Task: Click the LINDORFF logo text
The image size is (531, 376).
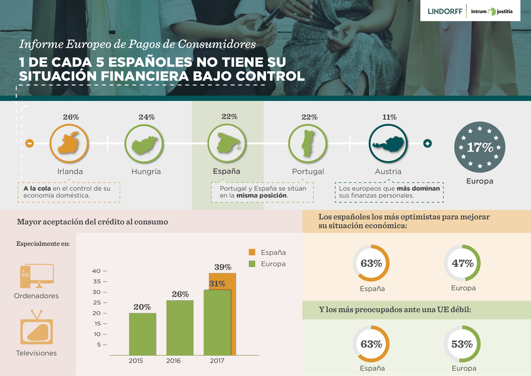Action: point(445,11)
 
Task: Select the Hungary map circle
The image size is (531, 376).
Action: point(144,143)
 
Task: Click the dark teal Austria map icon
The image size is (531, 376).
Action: point(388,143)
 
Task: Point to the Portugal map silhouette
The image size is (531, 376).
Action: point(308,143)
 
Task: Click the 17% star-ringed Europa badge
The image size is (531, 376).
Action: point(480,147)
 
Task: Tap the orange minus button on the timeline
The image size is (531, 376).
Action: point(30,143)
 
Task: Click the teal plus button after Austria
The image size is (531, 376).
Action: point(427,143)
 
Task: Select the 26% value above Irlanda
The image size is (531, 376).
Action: point(71,117)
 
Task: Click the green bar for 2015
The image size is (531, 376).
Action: point(142,334)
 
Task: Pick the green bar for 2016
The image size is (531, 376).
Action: point(180,328)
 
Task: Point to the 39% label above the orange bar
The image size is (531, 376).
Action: point(223,267)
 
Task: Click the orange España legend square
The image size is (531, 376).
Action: point(252,252)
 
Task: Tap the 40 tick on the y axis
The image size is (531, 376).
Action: point(96,271)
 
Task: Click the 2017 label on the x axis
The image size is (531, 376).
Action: point(217,361)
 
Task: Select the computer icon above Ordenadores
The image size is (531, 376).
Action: point(37,276)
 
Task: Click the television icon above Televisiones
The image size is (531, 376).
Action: point(36,327)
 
